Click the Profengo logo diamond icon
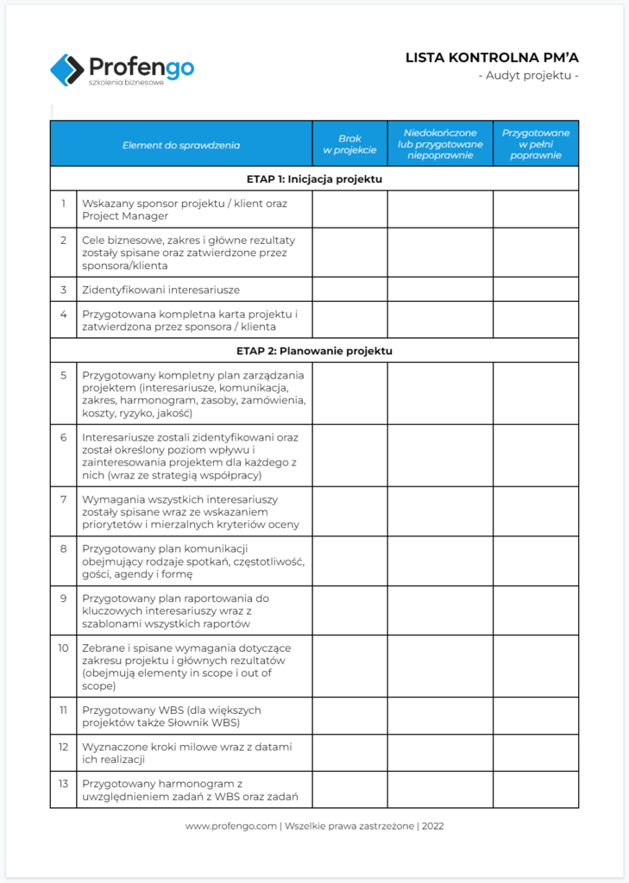(66, 69)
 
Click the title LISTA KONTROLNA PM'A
(492, 58)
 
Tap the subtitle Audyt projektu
(528, 76)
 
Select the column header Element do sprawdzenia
(181, 144)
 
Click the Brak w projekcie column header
(349, 144)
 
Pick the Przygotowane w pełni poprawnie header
(536, 144)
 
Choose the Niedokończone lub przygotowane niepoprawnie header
(440, 144)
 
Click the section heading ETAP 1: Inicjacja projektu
(314, 179)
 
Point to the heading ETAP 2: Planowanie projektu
(314, 351)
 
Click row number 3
(63, 290)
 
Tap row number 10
(63, 648)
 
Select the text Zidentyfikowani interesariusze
(160, 290)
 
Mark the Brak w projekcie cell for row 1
(349, 210)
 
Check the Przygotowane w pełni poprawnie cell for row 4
(536, 320)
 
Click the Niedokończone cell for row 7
(440, 511)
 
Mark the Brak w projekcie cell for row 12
(349, 753)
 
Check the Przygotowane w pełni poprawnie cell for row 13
(536, 790)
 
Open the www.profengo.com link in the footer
(230, 826)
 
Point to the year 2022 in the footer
(432, 826)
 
